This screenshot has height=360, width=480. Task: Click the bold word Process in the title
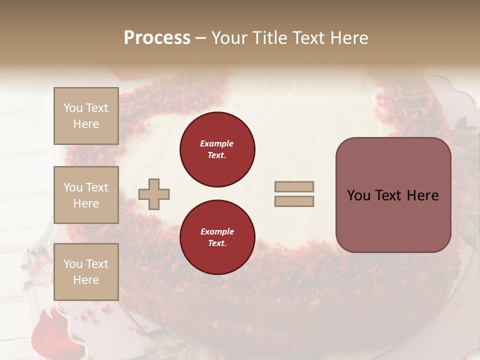[x=157, y=38]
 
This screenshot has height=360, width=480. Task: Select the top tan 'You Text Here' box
[x=86, y=116]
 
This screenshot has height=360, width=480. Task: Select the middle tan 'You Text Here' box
[x=86, y=195]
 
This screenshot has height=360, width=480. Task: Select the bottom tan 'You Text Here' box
[x=86, y=271]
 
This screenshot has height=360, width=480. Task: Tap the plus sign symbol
[x=153, y=194]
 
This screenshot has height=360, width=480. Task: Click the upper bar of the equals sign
[x=294, y=187]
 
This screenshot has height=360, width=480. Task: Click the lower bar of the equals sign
[x=294, y=201]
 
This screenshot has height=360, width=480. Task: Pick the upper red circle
[x=217, y=149]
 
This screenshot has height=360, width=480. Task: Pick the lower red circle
[x=217, y=237]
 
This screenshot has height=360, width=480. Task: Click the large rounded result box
[x=393, y=195]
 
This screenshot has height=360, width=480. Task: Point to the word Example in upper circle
[x=217, y=143]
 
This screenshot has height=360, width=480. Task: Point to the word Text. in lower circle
[x=217, y=243]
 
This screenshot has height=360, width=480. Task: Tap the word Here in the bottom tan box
[x=86, y=280]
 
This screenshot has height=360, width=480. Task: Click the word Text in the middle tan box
[x=97, y=187]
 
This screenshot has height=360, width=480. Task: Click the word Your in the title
[x=229, y=38]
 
